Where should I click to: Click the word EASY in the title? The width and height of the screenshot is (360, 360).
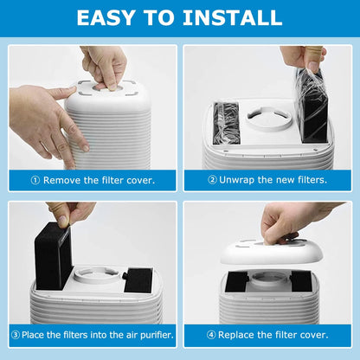(x=107, y=17)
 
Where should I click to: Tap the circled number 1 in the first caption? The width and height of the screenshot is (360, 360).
(x=35, y=180)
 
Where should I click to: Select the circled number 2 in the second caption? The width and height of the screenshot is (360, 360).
(x=212, y=180)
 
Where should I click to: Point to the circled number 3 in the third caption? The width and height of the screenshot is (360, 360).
(x=15, y=335)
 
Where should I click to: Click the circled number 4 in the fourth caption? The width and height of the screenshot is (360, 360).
(x=212, y=335)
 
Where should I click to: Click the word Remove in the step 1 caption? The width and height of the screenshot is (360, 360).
(x=61, y=180)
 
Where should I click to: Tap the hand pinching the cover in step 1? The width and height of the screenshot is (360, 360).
(x=103, y=65)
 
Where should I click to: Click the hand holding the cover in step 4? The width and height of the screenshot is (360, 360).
(x=290, y=222)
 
